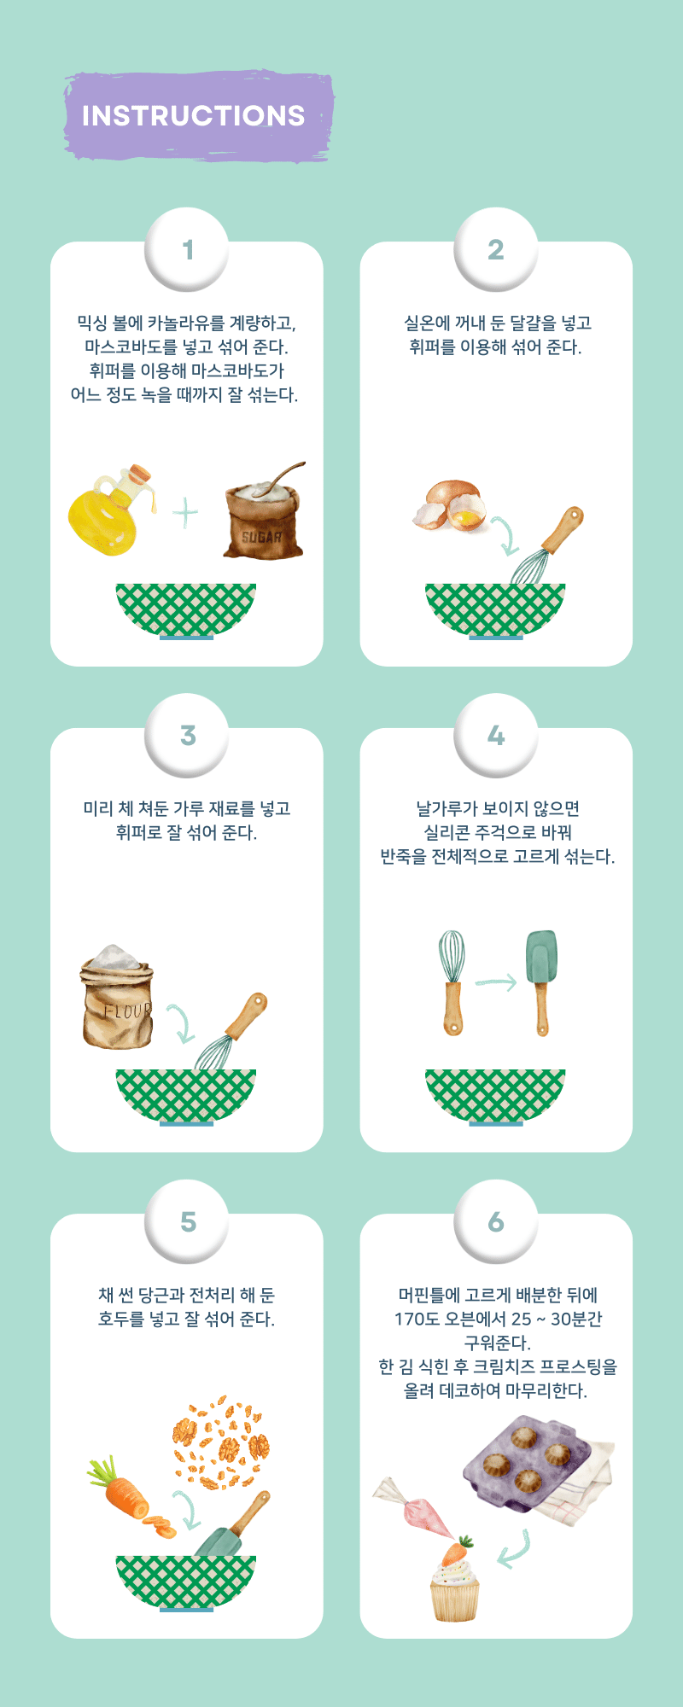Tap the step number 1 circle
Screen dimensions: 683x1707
187,250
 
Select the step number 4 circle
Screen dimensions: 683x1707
496,736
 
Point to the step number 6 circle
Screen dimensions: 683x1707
496,1222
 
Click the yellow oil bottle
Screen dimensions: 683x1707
109,512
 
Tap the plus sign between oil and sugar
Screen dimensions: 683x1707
185,513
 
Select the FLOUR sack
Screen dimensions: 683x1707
117,997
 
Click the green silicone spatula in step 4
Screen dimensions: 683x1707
541,982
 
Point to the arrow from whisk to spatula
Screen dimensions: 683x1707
496,982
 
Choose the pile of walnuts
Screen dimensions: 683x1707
221,1443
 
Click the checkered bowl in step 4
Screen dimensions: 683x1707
495,1097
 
